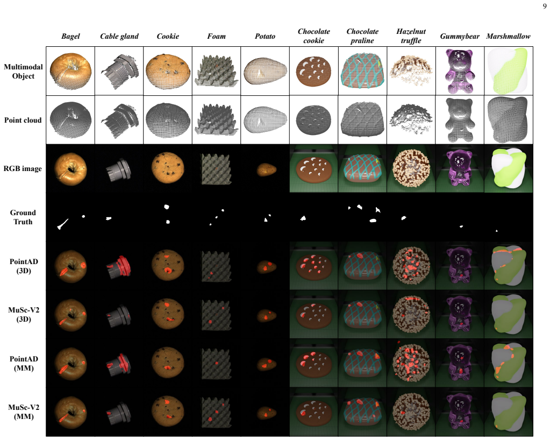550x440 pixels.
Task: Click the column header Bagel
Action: [x=70, y=36]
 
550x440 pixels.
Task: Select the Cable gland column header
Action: [x=119, y=36]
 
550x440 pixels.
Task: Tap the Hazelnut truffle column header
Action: [x=411, y=36]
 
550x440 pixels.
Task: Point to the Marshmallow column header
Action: [x=508, y=36]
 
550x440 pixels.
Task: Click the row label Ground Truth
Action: [x=23, y=217]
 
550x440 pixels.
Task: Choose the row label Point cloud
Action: [x=23, y=120]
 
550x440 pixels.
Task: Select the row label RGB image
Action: [x=23, y=168]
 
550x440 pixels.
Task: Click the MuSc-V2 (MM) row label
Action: [x=24, y=412]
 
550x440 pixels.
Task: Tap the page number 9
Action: [x=545, y=6]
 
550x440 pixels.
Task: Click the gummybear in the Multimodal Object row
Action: [x=460, y=71]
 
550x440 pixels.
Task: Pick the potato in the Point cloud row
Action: [x=265, y=119]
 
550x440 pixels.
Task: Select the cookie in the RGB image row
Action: [x=168, y=168]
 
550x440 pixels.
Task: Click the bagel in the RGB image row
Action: [x=70, y=169]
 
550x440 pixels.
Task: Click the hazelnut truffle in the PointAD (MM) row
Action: [x=411, y=363]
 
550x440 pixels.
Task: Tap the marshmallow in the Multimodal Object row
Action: [x=509, y=71]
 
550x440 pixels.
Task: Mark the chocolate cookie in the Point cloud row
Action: [x=313, y=120]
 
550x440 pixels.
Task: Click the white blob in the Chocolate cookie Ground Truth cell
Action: [x=303, y=218]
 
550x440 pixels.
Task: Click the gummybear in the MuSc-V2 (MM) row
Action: [x=460, y=413]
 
